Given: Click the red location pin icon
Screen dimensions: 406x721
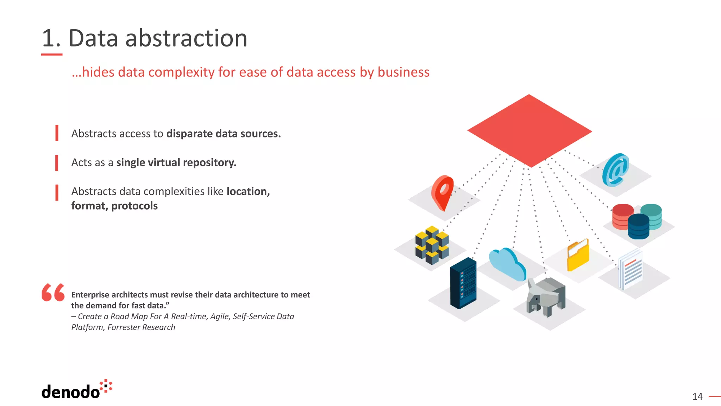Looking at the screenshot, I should (443, 192).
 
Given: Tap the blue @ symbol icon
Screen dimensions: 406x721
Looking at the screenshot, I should (615, 170).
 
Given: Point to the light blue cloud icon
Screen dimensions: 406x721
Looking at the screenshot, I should (507, 264).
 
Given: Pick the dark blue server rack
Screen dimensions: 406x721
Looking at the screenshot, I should (463, 283).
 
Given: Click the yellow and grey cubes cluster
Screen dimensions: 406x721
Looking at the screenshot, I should (432, 245).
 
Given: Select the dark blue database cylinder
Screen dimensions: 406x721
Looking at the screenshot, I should (638, 226).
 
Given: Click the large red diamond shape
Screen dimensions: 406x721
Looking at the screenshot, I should (529, 131).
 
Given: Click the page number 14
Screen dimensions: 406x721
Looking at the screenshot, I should (697, 396).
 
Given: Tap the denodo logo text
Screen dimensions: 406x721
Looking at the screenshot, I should (70, 392).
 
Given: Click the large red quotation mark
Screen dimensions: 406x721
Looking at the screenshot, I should (53, 292).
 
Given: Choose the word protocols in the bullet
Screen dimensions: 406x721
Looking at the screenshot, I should (134, 206).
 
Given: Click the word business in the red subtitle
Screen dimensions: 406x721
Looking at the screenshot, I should (403, 72).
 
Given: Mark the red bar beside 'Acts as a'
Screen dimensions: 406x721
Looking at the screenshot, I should (57, 163).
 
